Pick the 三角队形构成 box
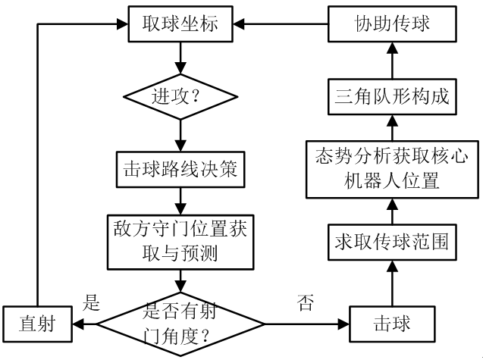[x=392, y=97]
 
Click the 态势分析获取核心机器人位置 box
[x=392, y=168]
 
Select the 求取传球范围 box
[x=392, y=241]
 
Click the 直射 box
[x=39, y=324]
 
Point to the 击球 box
[x=392, y=324]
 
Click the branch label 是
[x=91, y=305]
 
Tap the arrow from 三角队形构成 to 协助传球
[x=392, y=61]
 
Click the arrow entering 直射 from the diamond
[x=83, y=324]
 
